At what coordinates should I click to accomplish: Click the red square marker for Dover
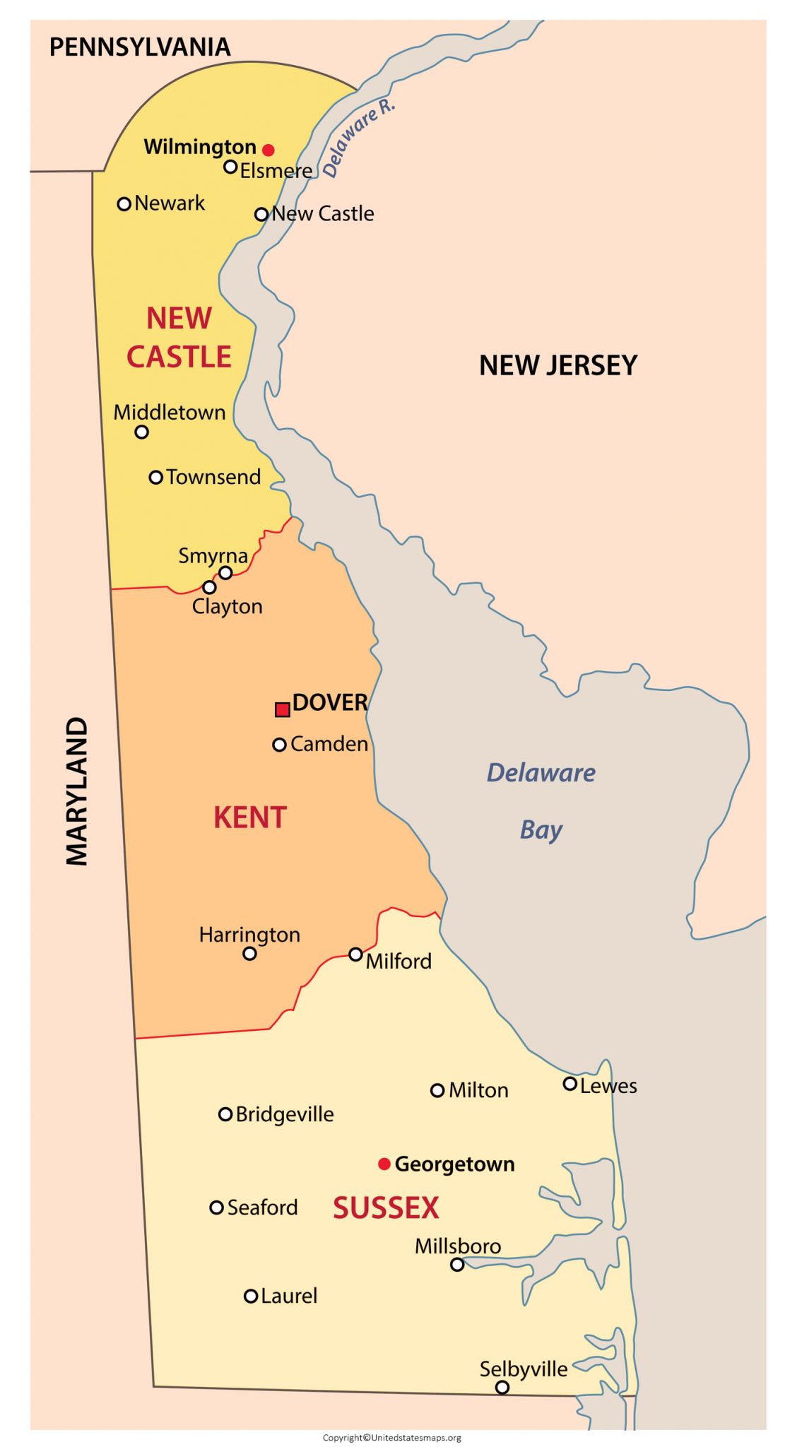point(282,709)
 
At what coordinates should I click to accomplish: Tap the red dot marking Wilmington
point(268,150)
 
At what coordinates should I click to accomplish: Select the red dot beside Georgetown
point(384,1164)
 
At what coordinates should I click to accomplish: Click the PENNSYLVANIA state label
point(140,47)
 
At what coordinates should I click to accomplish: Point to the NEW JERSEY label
point(558,365)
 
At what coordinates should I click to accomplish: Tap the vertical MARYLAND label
point(77,791)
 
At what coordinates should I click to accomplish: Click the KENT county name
point(250,817)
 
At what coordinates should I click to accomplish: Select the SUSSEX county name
point(386,1207)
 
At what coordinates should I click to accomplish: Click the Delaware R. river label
point(359,138)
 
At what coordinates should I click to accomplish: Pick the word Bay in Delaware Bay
point(541,830)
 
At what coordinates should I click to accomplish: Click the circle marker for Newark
point(124,204)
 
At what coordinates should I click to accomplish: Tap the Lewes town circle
point(569,1084)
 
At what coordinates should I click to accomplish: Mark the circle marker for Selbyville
point(502,1387)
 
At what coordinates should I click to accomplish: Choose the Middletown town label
point(170,413)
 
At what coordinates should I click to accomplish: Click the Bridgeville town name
point(285,1114)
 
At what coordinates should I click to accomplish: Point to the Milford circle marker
point(356,955)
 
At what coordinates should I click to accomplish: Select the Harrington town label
point(249,935)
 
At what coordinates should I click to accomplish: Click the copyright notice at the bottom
point(392,1437)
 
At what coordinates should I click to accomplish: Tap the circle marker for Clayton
point(209,587)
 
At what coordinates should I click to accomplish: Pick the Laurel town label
point(289,1296)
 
